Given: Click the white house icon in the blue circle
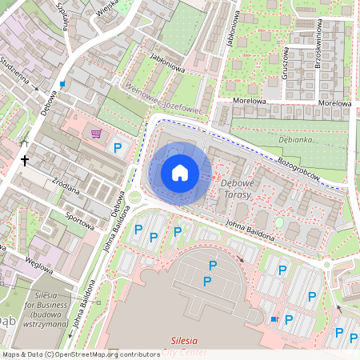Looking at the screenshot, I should pos(180,172).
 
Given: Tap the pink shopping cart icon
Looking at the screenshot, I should pos(97,134).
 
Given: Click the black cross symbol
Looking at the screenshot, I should pos(25,160).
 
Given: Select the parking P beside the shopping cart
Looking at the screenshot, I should pos(118,147).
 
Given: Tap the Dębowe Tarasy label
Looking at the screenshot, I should pos(236,189).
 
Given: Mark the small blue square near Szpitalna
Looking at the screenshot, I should pos(62,83).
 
